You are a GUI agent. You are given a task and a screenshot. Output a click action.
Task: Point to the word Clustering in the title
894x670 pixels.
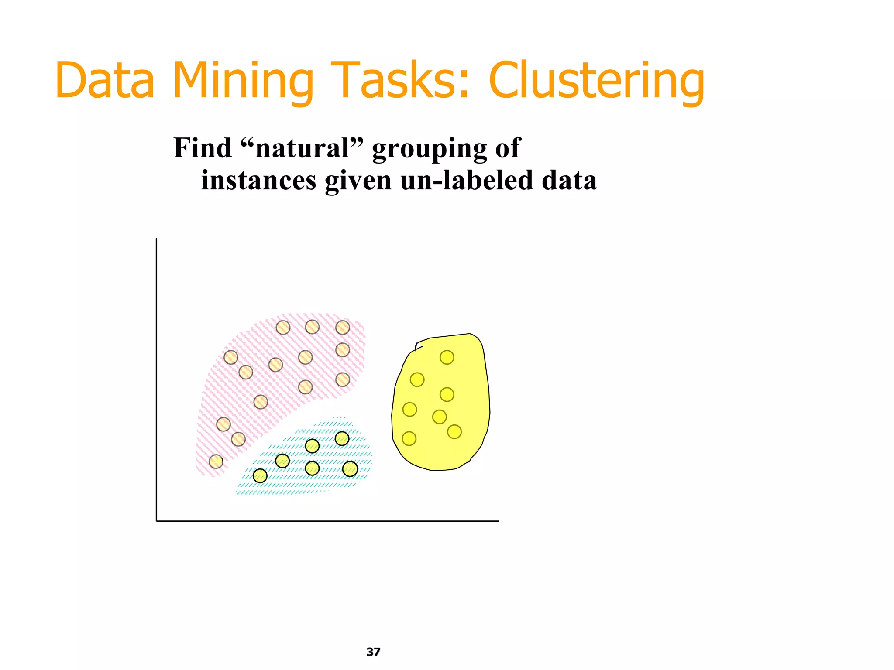click(596, 81)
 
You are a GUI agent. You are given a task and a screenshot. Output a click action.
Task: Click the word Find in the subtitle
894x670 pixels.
click(202, 148)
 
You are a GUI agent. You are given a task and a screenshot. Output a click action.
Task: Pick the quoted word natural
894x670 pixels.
click(302, 148)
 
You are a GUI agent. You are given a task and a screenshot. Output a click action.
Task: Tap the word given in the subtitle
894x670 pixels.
click(358, 181)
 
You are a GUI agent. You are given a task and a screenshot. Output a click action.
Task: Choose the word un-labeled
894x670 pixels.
click(466, 180)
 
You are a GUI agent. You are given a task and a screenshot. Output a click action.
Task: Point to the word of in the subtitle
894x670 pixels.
click(507, 148)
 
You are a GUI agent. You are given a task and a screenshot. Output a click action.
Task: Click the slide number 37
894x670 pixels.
click(373, 652)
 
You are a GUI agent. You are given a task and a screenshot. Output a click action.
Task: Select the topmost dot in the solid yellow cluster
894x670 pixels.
click(447, 357)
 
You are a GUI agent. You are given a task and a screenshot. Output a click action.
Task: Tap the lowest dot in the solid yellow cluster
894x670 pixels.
click(409, 438)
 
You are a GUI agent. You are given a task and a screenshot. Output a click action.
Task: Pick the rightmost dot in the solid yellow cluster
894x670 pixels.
click(454, 432)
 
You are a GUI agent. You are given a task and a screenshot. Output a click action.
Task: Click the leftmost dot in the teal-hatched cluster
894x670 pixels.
click(260, 475)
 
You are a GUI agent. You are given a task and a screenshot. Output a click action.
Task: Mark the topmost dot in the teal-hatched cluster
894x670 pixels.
click(342, 438)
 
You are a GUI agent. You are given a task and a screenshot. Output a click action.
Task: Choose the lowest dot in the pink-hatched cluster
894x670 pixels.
click(216, 461)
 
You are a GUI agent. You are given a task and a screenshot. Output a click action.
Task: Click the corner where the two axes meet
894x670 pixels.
click(157, 520)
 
